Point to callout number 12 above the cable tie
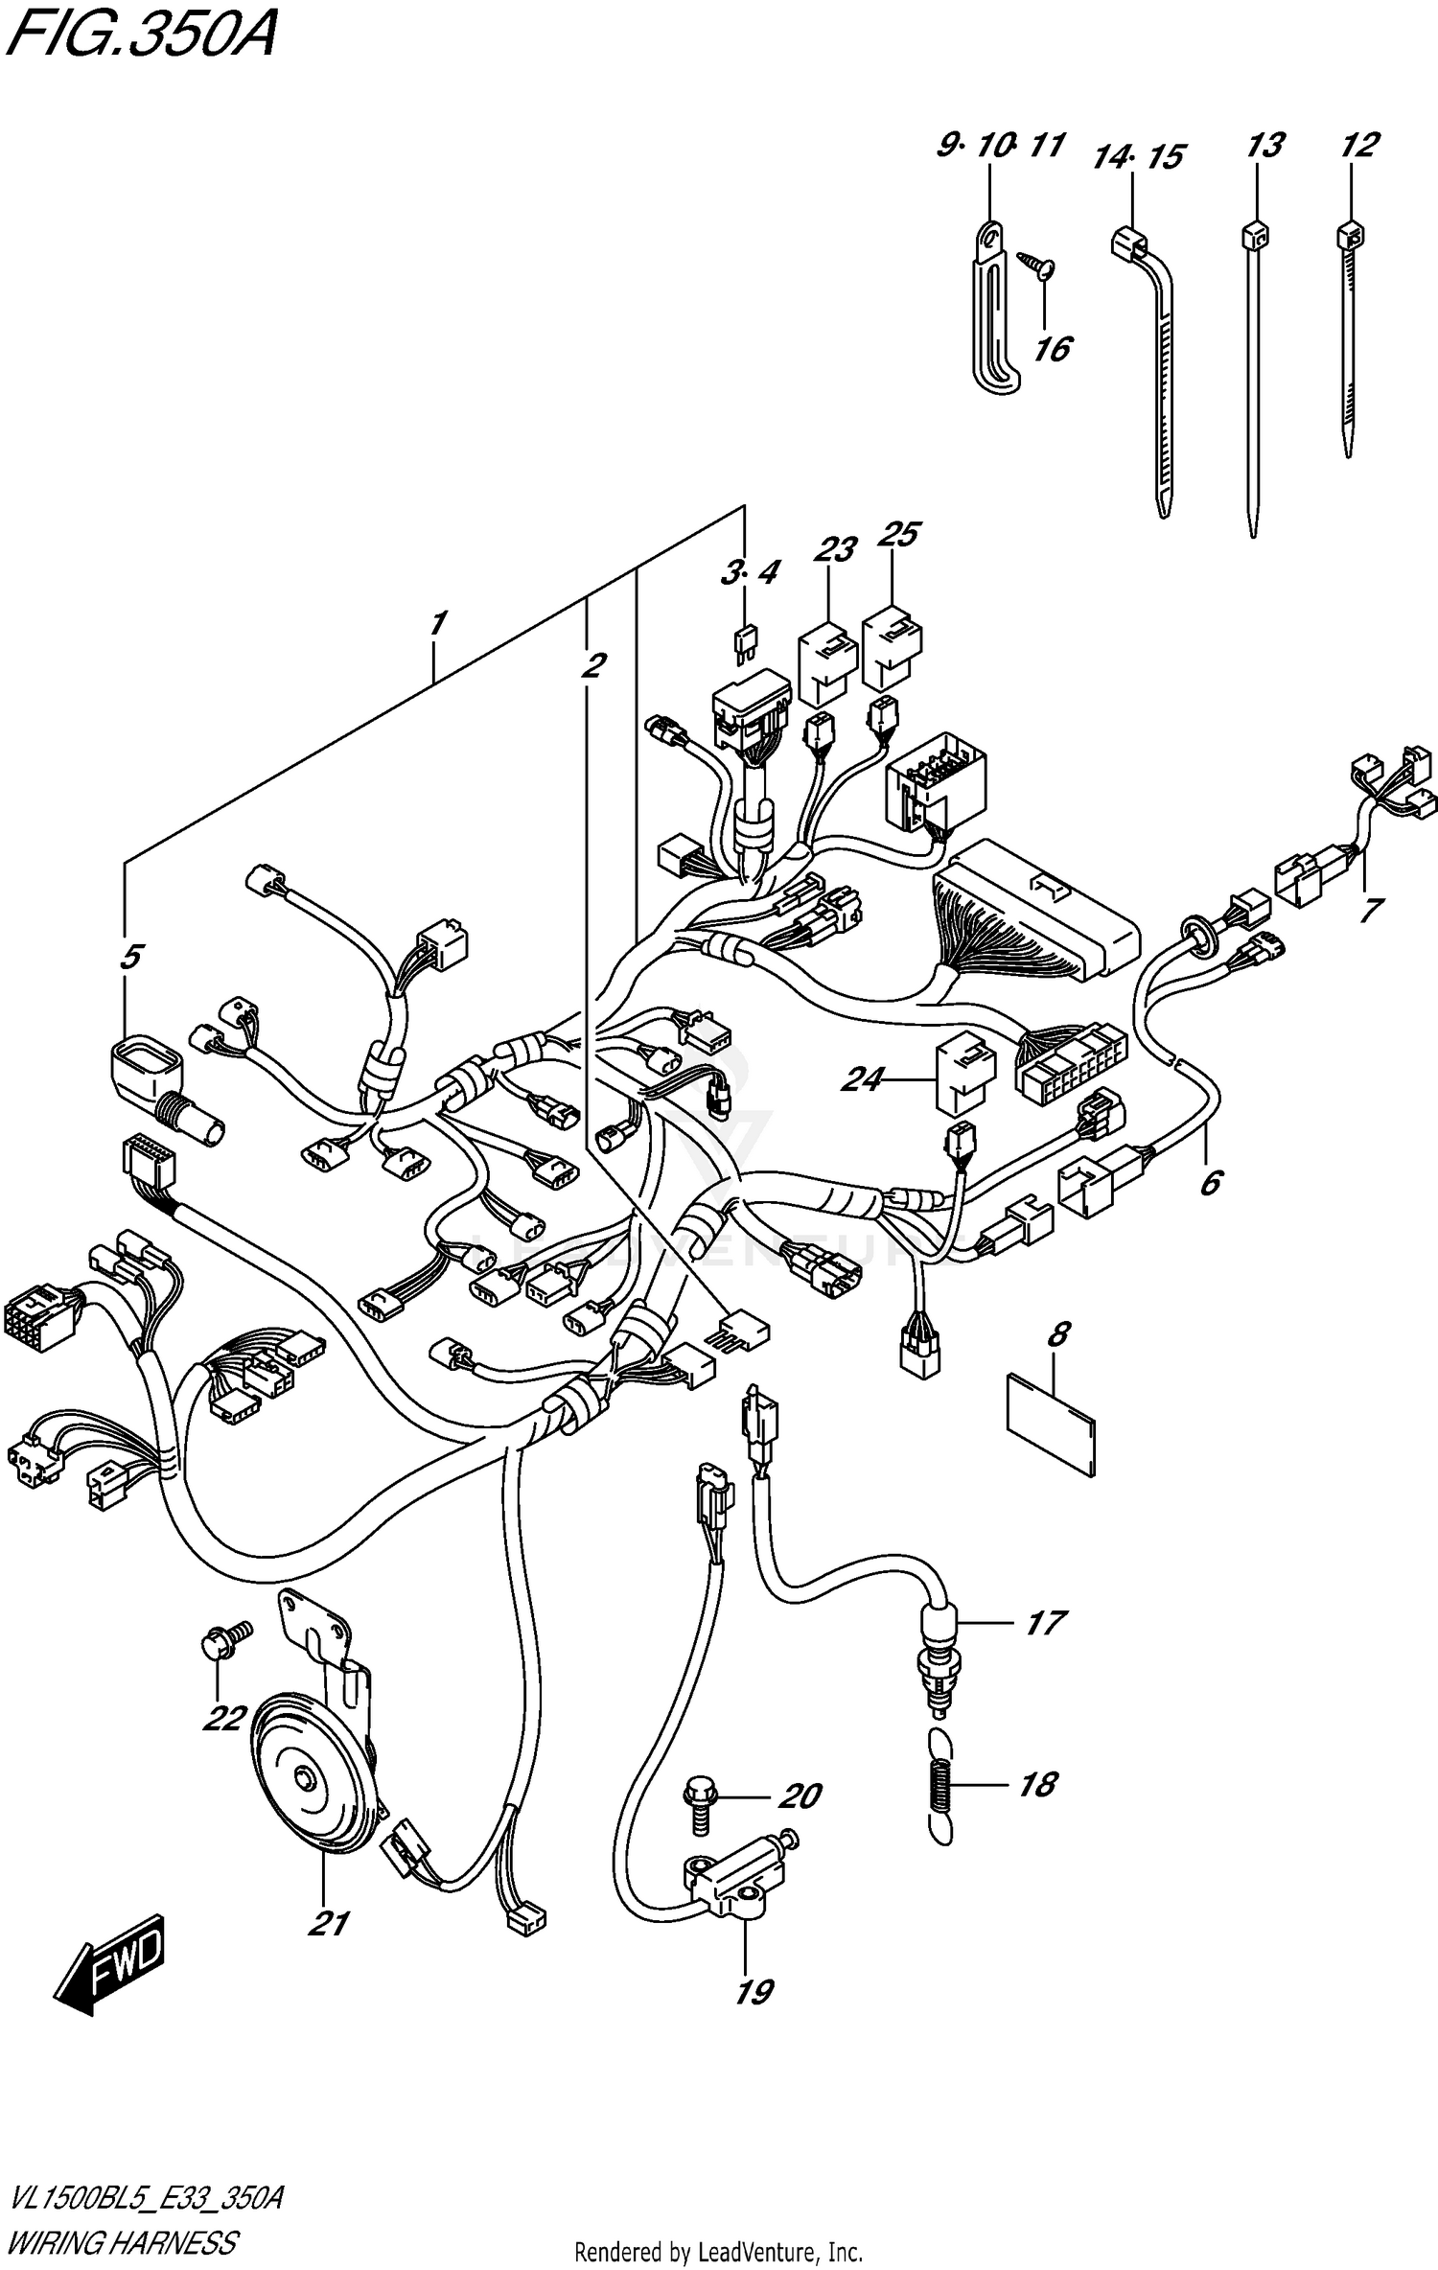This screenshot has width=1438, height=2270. tap(1359, 146)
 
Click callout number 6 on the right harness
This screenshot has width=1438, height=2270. tap(1211, 1183)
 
